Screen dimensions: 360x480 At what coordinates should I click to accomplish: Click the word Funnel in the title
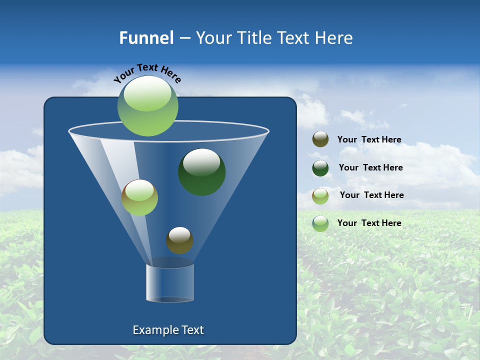point(146,38)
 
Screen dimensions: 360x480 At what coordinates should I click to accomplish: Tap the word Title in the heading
point(253,38)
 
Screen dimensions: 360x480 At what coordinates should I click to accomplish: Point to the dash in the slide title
point(184,38)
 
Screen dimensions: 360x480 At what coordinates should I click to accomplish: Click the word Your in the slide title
point(212,38)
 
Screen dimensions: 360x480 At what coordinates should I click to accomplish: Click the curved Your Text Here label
point(147,72)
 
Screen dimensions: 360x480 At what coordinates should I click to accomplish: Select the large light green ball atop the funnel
point(147,106)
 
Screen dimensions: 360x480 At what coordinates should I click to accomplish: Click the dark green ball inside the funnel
point(202,172)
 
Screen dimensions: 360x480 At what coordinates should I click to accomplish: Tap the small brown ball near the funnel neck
point(179,240)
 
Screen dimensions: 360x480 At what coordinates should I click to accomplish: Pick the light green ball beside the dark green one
point(139,197)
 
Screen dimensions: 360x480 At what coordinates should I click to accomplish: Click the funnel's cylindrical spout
point(170,282)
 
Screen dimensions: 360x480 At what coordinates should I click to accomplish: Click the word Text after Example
point(191,330)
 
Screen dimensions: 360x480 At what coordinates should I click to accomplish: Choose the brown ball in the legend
point(320,139)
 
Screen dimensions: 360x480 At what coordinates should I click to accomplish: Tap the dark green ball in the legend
point(320,167)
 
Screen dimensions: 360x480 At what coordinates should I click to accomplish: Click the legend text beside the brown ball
point(369,139)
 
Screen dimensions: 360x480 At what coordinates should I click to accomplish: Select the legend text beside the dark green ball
point(370,167)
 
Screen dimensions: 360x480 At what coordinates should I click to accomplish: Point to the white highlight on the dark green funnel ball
point(201,162)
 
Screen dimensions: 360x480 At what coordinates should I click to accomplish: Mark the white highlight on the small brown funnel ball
point(179,234)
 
